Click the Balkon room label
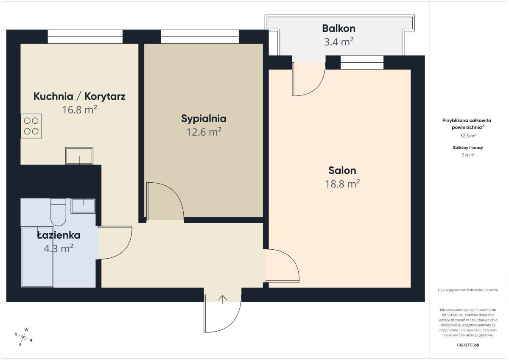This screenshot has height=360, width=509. [x=338, y=28]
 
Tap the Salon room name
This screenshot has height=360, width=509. [x=342, y=170]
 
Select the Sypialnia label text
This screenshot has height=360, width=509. [x=204, y=119]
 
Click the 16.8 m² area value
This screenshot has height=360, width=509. [x=80, y=110]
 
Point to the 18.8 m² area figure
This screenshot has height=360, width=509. [x=342, y=184]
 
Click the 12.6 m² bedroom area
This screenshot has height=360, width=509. [x=204, y=132]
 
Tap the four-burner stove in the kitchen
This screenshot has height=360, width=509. [x=31, y=126]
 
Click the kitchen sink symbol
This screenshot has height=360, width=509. [x=79, y=156]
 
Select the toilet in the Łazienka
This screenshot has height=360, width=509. [x=58, y=212]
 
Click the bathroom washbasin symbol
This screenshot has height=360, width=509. [x=83, y=206]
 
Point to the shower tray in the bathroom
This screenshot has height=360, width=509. [x=37, y=257]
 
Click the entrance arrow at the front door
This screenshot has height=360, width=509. [x=223, y=300]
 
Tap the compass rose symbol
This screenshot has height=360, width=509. [x=23, y=337]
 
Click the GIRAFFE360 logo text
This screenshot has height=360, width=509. [x=468, y=345]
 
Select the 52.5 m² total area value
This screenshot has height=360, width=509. [x=468, y=136]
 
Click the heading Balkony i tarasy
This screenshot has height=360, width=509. [x=468, y=148]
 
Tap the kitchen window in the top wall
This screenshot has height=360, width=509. [x=85, y=36]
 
